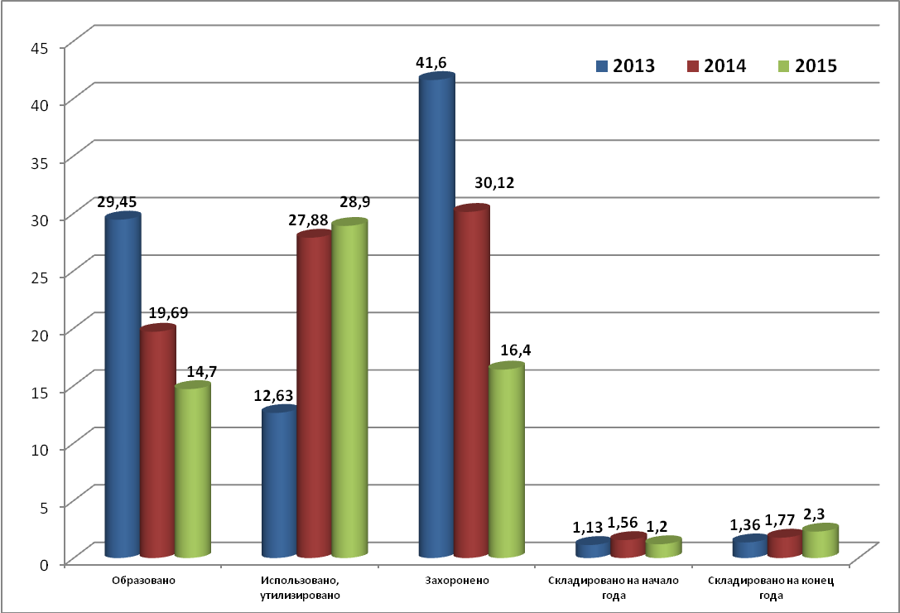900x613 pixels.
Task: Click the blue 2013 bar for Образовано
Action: click(123, 384)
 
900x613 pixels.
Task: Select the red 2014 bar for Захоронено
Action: click(472, 380)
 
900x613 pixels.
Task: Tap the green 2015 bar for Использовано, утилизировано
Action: click(349, 388)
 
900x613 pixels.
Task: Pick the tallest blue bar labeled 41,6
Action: click(437, 315)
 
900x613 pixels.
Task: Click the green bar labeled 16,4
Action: click(507, 460)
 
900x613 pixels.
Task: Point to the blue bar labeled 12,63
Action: click(280, 480)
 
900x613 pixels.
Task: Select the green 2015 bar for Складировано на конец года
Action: click(821, 541)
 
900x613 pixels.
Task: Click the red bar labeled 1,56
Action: click(628, 544)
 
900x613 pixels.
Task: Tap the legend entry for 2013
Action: click(626, 66)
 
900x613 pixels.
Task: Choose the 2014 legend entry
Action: click(717, 66)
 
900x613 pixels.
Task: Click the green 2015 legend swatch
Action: click(783, 66)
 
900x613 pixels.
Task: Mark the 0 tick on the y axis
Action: click(44, 564)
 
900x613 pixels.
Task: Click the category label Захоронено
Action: click(457, 580)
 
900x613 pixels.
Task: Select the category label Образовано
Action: click(143, 580)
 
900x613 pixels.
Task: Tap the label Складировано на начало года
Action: click(614, 587)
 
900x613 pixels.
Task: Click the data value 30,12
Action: click(494, 183)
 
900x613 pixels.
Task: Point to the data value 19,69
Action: click(168, 313)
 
